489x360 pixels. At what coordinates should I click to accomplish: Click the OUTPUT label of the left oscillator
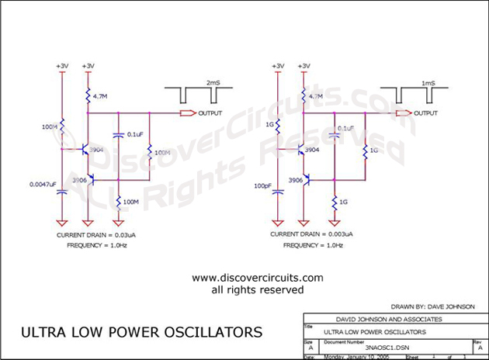click(x=210, y=113)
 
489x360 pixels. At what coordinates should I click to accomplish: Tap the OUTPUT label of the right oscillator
click(x=425, y=113)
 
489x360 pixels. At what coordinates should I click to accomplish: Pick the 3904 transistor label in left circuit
click(x=96, y=148)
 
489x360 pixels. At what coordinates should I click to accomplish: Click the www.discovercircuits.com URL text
click(x=257, y=278)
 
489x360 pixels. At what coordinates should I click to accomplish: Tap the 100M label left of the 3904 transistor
click(x=48, y=126)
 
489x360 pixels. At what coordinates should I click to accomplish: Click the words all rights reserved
click(x=257, y=289)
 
